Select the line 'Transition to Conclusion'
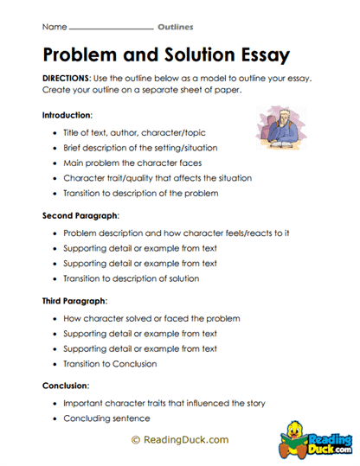pos(111,364)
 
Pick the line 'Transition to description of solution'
pos(132,278)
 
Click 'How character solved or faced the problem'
pos(151,318)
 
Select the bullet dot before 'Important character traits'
pos(55,403)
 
